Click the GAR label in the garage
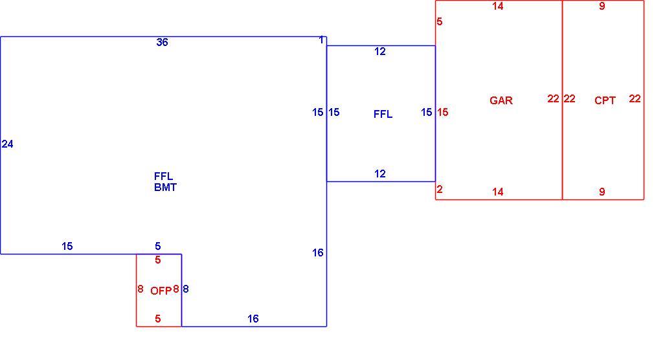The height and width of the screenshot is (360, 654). [501, 100]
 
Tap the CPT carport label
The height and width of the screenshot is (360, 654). [605, 100]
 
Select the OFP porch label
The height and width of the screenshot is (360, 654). [161, 291]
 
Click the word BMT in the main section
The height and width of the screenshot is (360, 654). [165, 187]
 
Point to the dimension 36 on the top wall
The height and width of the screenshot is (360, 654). [163, 42]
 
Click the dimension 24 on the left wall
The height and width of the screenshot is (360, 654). [8, 144]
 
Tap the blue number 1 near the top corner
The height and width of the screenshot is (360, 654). [321, 40]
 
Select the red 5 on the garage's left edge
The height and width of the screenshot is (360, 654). [439, 22]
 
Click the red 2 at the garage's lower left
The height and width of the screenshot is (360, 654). [439, 189]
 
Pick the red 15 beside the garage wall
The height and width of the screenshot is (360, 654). [442, 112]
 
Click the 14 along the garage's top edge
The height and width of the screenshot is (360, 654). [497, 6]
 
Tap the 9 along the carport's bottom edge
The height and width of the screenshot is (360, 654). [602, 192]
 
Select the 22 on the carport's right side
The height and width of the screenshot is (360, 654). [635, 98]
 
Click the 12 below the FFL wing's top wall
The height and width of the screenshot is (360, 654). [380, 51]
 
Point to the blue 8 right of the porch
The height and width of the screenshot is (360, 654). [186, 289]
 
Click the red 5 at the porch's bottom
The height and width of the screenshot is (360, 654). [157, 319]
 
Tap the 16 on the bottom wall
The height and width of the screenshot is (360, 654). [253, 319]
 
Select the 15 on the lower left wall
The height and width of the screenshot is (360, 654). [67, 246]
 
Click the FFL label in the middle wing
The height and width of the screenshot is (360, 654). [383, 114]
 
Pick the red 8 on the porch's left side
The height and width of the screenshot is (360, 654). [140, 289]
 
